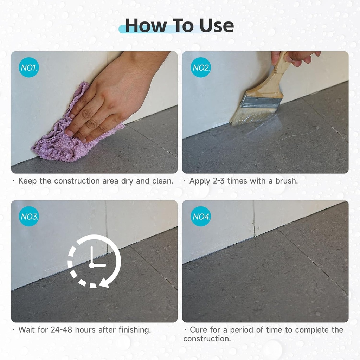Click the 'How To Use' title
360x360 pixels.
[x=179, y=25]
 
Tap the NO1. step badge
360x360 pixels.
[x=28, y=67]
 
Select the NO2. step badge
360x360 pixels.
[x=201, y=67]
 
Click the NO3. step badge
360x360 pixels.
[x=29, y=216]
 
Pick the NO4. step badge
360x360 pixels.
[x=201, y=216]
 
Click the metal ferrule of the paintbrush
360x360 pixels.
[x=261, y=102]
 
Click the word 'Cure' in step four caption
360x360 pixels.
[x=199, y=330]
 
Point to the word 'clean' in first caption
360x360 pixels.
[x=162, y=181]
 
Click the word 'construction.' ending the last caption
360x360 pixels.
[x=207, y=339]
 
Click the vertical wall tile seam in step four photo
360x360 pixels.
[x=254, y=218]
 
